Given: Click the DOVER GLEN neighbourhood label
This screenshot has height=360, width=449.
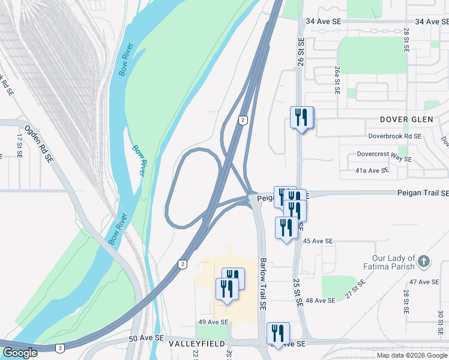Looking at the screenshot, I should pyautogui.click(x=406, y=119).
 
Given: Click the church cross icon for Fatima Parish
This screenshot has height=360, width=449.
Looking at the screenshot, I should pyautogui.click(x=424, y=261).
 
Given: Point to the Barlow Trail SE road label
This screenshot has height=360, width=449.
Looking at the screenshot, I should pyautogui.click(x=263, y=284).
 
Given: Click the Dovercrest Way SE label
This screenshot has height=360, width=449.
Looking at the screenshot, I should pyautogui.click(x=384, y=159).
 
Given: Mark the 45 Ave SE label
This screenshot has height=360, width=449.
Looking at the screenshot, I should pyautogui.click(x=318, y=241).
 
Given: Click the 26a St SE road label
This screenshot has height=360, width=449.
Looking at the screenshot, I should pyautogui.click(x=337, y=81).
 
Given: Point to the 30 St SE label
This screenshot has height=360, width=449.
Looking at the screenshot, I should pyautogui.click(x=440, y=322).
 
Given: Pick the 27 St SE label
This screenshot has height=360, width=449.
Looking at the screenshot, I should pyautogui.click(x=355, y=290).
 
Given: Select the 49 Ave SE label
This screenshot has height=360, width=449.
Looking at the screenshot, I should pyautogui.click(x=213, y=322).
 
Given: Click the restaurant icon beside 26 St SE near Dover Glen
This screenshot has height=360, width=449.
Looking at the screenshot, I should pyautogui.click(x=302, y=117).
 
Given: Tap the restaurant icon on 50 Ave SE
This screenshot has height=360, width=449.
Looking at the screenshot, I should pyautogui.click(x=278, y=333).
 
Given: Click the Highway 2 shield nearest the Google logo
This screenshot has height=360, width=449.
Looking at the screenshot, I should pyautogui.click(x=59, y=348).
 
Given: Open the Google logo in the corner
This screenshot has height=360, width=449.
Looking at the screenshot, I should pyautogui.click(x=19, y=353).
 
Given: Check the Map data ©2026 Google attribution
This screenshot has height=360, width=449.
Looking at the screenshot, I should pyautogui.click(x=411, y=355).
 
